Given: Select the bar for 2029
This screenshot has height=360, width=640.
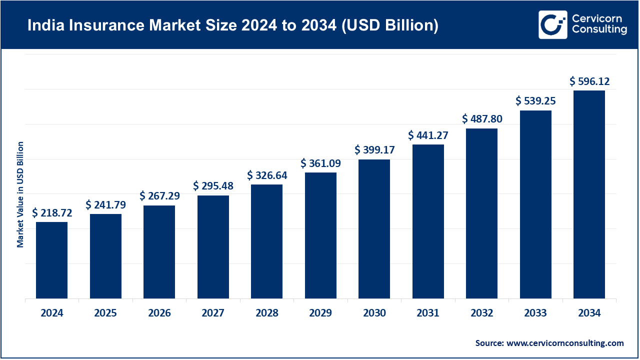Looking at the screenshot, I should click(320, 235).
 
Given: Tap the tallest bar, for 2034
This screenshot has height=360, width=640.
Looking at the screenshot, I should click(589, 194).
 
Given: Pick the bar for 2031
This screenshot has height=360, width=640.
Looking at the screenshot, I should click(428, 221).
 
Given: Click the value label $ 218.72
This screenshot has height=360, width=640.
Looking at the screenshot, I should click(52, 213).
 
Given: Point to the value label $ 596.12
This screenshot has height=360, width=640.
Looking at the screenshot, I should click(589, 81).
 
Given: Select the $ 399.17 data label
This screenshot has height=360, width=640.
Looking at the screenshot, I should click(374, 149).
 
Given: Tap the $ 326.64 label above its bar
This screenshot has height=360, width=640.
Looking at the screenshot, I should click(267, 175).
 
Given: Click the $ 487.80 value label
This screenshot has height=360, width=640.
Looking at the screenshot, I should click(482, 119).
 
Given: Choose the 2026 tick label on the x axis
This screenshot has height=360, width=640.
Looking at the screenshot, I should click(159, 313).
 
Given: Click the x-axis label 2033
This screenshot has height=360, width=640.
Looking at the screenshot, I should click(535, 313).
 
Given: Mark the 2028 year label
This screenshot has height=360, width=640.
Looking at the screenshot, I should click(267, 313).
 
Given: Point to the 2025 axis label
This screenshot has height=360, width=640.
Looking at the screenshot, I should click(105, 313).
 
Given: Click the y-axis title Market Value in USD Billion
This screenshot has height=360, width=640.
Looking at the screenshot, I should click(20, 194).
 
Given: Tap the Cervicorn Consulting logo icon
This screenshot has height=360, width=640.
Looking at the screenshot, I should click(552, 24).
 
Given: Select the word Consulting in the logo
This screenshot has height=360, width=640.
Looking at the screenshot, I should click(599, 30).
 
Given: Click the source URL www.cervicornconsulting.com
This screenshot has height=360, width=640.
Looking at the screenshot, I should click(565, 343).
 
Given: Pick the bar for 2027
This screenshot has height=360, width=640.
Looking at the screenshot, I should click(213, 247).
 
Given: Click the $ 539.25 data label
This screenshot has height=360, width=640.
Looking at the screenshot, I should click(535, 101).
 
